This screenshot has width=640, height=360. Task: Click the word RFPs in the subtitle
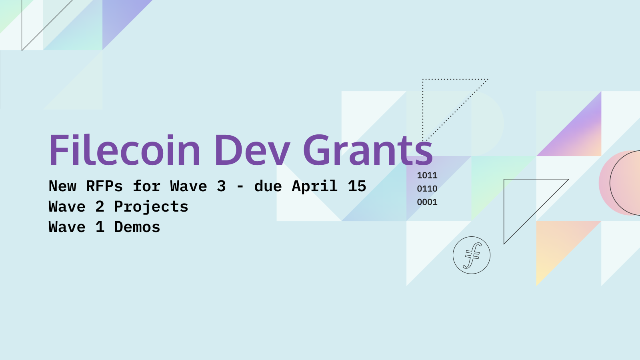click(x=104, y=186)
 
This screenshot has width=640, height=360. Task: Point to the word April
click(x=314, y=186)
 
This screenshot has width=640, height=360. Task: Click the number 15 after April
click(x=357, y=186)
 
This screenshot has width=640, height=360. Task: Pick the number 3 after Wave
click(x=221, y=186)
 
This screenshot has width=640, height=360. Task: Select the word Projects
click(x=151, y=207)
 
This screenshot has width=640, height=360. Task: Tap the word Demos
click(x=137, y=227)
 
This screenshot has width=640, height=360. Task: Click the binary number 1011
click(x=427, y=175)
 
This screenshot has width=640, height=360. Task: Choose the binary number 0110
click(x=427, y=189)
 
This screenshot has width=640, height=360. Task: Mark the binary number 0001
click(x=427, y=202)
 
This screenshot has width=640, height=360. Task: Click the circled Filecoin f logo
click(x=472, y=255)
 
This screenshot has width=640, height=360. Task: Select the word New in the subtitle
click(x=62, y=186)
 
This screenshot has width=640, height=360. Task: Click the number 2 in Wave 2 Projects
click(x=100, y=207)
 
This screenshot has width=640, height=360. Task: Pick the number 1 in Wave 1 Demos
click(x=100, y=227)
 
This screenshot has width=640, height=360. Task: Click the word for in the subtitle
click(x=147, y=186)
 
